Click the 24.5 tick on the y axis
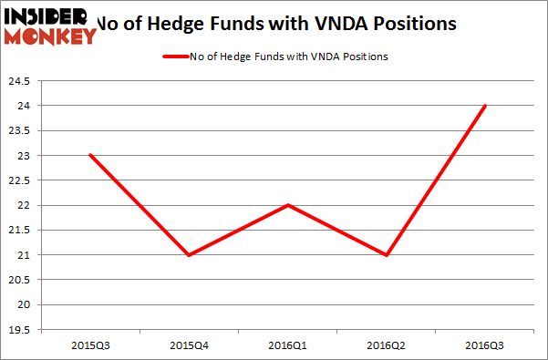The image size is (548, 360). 19,81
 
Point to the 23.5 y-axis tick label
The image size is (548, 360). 19,131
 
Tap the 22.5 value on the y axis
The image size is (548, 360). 19,180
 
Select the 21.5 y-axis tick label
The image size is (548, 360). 19,231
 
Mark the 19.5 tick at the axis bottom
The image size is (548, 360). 19,330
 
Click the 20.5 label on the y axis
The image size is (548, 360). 19,280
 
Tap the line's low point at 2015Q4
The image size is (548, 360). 188,254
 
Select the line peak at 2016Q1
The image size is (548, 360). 287,205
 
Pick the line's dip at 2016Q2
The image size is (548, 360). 386,254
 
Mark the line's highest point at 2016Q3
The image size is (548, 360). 485,106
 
